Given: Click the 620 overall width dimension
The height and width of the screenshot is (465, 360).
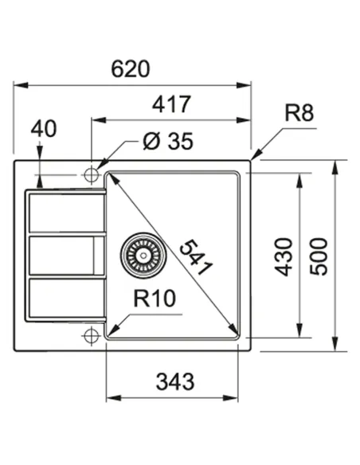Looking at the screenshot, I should tap(131, 68).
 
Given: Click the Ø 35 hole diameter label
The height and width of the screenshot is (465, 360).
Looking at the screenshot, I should tap(168, 142).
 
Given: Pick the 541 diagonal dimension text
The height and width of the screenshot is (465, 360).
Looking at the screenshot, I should tap(195, 257).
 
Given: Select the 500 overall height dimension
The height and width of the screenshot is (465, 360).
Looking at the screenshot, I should tap(319, 255).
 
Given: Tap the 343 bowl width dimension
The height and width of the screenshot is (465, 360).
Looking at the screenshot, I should tap(175, 381).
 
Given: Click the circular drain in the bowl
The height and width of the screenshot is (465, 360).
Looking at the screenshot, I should tap(142, 254).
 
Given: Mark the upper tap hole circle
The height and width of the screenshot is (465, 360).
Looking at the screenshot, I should tap(91, 172).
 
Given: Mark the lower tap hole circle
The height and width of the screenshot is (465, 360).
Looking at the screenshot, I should tap(91, 338).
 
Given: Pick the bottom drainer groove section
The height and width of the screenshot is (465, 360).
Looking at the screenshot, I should tap(64, 298).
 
